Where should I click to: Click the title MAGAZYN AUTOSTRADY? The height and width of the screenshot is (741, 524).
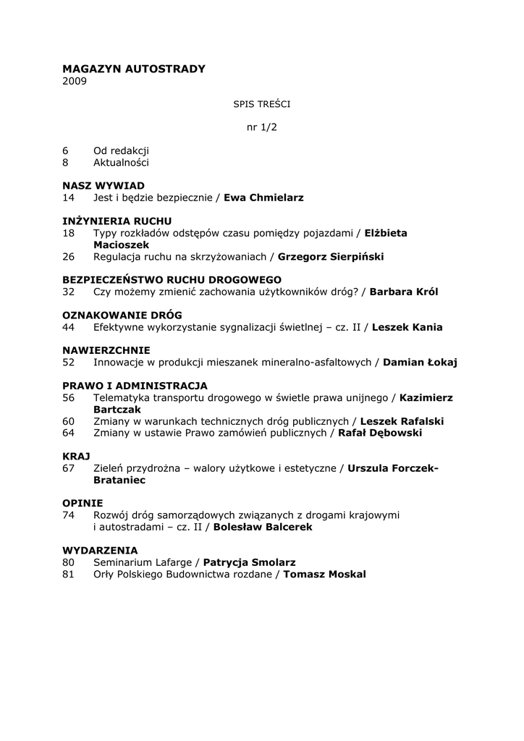pos(134,69)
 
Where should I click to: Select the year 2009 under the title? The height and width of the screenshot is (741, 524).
pos(75,81)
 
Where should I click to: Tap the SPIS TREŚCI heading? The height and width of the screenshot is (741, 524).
pos(261,104)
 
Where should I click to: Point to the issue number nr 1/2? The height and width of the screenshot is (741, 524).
pos(262,127)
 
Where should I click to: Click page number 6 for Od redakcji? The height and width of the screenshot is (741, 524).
pos(65,151)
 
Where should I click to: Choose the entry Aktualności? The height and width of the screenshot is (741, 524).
pos(121,163)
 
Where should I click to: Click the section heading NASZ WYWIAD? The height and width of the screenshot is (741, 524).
pos(103,186)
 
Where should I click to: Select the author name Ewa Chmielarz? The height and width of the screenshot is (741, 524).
pos(263,198)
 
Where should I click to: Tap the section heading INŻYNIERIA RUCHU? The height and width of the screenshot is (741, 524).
pos(117,221)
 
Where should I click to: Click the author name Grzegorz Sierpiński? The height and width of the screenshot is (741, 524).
pos(331,256)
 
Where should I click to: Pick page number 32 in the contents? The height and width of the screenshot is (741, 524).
pos(69,292)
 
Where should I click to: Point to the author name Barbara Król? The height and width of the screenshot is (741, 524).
pos(404,292)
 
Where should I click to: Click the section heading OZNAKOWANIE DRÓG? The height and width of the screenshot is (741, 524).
pos(122,315)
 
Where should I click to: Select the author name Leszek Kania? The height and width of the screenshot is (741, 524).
pos(407,327)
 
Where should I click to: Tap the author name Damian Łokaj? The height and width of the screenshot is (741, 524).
pos(420,362)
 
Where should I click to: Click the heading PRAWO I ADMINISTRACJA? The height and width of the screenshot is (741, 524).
pos(135,386)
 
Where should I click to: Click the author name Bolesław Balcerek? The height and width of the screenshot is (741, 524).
pos(263,527)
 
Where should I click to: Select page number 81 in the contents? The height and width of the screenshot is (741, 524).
pos(69,574)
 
